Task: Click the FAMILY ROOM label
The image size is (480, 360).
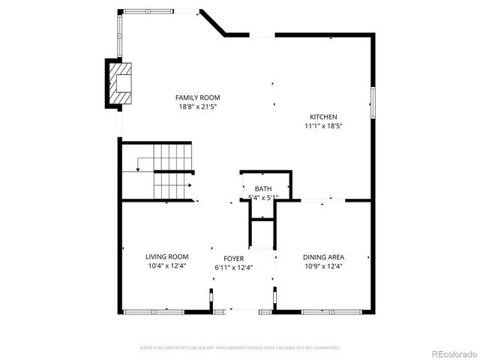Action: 197,97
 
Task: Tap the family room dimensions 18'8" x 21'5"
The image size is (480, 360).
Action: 197,107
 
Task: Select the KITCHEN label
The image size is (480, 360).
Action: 324,117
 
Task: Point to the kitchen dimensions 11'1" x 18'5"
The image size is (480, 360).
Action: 324,127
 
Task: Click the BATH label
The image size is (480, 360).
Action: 263,189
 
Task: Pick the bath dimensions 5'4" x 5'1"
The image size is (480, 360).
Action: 263,198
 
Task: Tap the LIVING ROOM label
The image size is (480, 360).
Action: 166,256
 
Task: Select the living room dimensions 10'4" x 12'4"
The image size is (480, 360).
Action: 166,266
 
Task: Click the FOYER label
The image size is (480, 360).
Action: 234,257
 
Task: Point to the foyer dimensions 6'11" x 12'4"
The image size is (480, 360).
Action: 234,267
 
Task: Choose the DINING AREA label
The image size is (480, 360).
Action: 323,256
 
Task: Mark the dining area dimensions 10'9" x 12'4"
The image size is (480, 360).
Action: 323,266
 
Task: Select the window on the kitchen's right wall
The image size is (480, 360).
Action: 371,102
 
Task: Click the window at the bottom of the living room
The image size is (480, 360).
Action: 154,311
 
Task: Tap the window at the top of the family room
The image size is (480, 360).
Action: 161,11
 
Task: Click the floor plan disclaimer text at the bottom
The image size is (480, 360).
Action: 240,348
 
